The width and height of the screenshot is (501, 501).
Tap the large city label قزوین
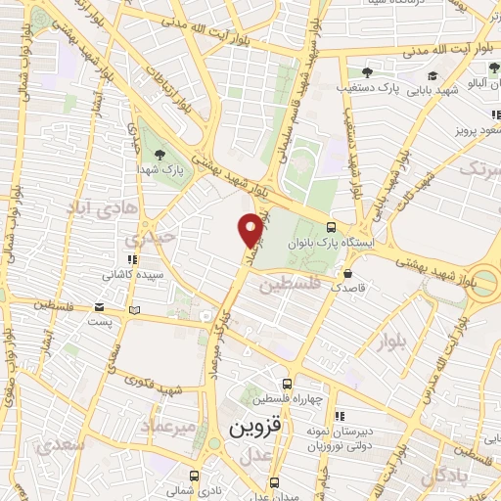tap(255, 429)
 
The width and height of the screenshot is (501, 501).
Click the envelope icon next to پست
tap(134, 311)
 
